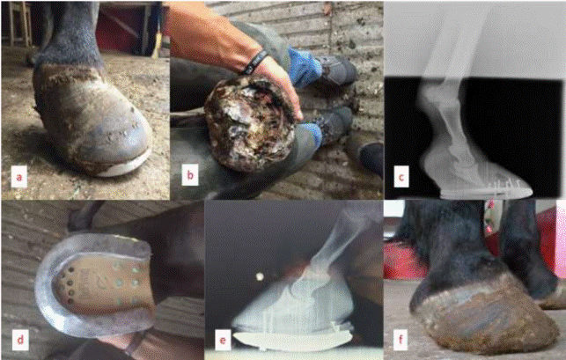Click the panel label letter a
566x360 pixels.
[x=19, y=177]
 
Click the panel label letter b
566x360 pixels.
[x=190, y=175]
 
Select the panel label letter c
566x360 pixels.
[x=401, y=177]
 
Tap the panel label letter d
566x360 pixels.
[x=20, y=340]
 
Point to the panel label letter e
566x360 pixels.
[x=223, y=340]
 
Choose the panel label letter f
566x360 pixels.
[x=401, y=340]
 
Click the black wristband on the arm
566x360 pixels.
[x=255, y=62]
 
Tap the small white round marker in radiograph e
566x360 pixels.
[x=259, y=277]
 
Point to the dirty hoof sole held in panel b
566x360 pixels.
[x=249, y=122]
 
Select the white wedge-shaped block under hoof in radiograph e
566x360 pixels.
[x=292, y=341]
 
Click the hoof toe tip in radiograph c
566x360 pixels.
[x=531, y=188]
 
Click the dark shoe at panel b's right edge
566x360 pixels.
[x=371, y=158]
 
